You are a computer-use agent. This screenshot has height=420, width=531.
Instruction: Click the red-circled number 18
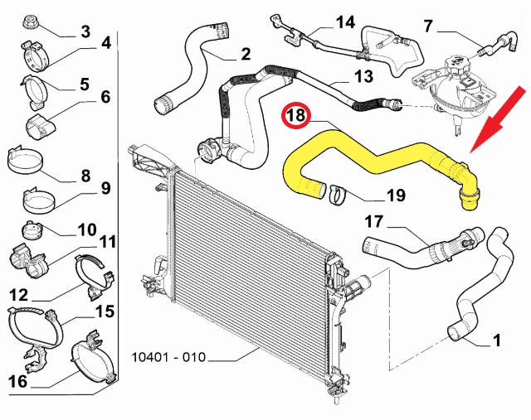[296, 115]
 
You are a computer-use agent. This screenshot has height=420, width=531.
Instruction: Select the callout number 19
[395, 196]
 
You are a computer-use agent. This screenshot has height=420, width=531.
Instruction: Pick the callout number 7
[428, 27]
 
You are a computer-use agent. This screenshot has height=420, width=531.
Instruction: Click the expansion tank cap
[457, 63]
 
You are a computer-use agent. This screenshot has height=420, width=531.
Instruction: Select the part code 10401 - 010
[168, 357]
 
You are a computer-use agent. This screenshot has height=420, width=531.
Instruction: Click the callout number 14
[345, 22]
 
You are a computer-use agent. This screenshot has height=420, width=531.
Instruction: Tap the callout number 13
[363, 76]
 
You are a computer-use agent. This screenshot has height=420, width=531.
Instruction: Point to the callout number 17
[374, 222]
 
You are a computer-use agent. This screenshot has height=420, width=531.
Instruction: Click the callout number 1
[496, 340]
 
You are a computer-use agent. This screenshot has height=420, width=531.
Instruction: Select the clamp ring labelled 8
[25, 160]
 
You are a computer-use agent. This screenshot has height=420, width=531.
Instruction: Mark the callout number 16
[17, 381]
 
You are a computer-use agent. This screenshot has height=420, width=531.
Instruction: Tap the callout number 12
[18, 295]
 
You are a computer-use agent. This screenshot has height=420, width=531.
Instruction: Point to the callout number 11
[108, 242]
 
